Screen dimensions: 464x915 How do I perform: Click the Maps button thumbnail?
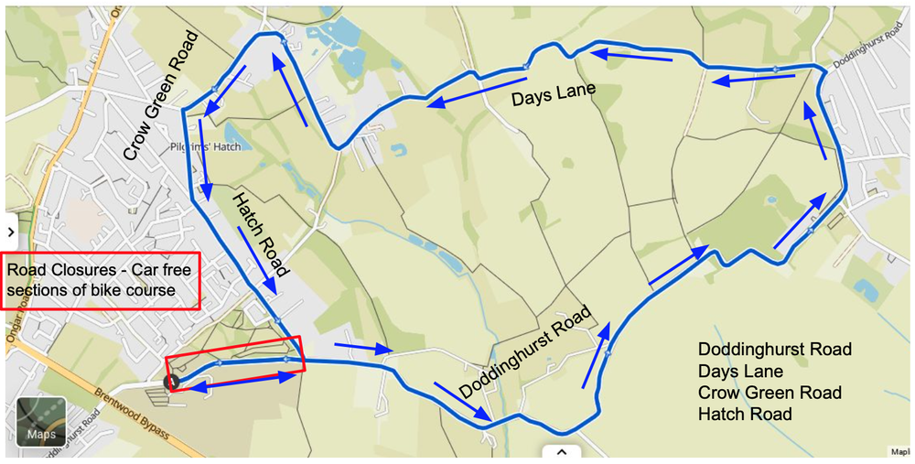click(41, 421)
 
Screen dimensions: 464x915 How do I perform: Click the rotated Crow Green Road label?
click(161, 96)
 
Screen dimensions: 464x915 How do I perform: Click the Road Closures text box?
click(102, 281)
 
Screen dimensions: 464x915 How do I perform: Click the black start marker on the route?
click(171, 383)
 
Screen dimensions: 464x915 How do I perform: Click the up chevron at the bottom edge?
click(561, 451)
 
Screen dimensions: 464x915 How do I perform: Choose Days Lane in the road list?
click(740, 372)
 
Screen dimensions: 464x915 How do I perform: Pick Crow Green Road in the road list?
click(770, 393)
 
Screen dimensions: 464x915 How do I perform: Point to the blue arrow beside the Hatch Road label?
click(258, 260)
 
